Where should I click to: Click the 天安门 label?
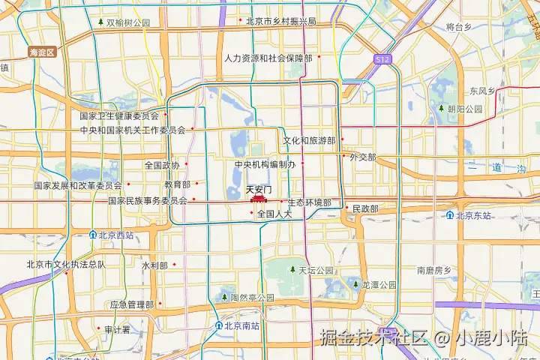point(259,190)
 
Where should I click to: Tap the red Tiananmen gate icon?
point(259,200)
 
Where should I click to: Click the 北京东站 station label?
point(472,215)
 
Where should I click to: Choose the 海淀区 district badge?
point(43,52)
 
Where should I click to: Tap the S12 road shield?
point(382,58)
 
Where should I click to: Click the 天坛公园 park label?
point(316,270)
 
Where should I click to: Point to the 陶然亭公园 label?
point(252,298)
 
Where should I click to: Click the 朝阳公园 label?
point(464,109)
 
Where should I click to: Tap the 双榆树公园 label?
point(127,22)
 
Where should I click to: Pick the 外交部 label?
point(362,157)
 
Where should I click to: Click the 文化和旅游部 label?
point(308,140)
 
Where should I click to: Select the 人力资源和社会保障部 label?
point(268,58)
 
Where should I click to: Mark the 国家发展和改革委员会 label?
point(78,185)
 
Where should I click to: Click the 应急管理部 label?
point(131,304)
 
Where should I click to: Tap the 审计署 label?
point(117,329)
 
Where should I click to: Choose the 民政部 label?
point(364,208)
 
